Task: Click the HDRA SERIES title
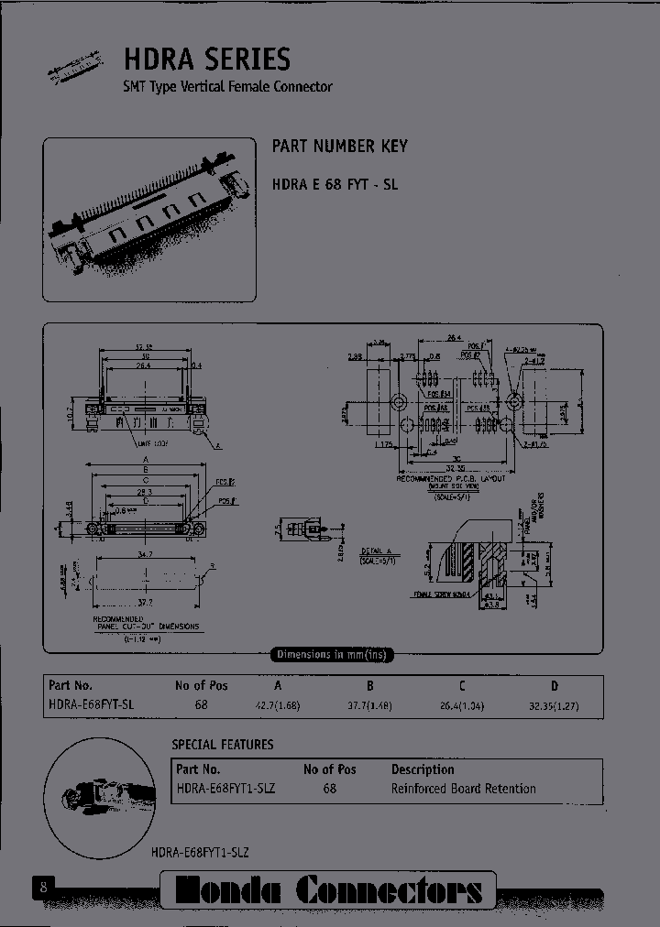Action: [207, 60]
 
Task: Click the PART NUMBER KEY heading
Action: [339, 147]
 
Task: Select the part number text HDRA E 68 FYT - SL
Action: [335, 183]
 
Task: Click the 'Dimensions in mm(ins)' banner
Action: [331, 654]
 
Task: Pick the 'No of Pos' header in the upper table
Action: [201, 686]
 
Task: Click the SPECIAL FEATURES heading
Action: [223, 745]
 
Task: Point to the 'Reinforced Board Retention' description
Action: [463, 789]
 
